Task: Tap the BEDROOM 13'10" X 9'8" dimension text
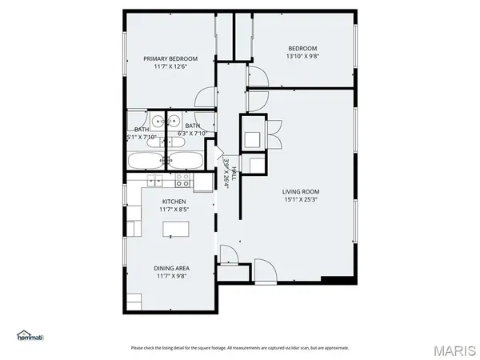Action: coord(303,56)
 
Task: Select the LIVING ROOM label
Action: coord(300,191)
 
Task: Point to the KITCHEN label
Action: coord(174,201)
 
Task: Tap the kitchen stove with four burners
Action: coord(183,178)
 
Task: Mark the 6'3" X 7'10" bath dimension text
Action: coord(197,134)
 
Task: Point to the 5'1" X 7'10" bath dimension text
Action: coord(142,137)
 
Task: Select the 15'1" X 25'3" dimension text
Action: coord(300,199)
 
